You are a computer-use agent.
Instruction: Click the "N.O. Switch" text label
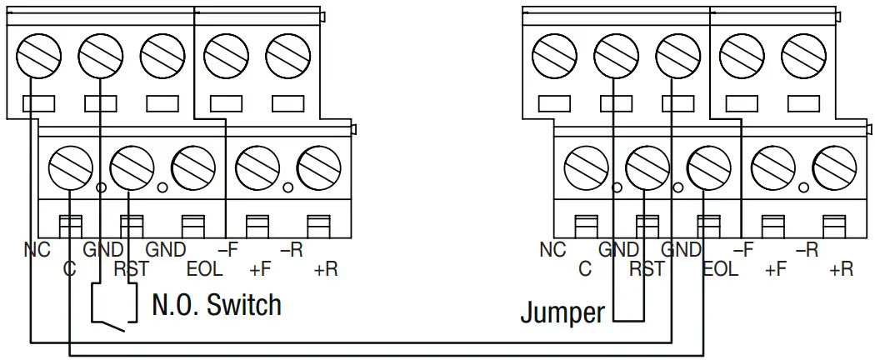217,305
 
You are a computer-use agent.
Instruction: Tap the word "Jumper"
562,312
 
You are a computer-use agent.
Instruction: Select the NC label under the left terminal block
37,249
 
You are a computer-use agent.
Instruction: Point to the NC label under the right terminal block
552,249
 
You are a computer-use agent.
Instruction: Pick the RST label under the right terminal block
647,269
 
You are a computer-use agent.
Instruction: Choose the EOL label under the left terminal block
205,269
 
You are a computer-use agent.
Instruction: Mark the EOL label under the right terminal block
720,269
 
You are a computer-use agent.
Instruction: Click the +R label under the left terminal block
327,269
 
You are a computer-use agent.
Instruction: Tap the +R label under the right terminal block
841,269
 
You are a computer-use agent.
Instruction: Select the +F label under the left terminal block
262,269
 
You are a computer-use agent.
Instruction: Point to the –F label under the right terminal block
743,249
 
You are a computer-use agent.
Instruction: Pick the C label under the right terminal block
585,269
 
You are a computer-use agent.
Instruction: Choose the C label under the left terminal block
70,269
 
